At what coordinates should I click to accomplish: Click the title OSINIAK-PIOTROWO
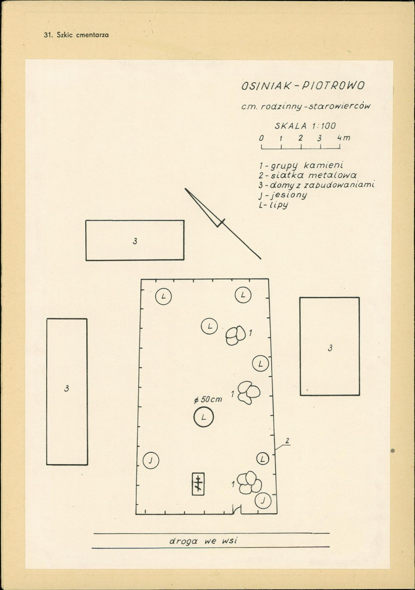point(303,86)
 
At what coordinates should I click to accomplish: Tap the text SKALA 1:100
point(305,125)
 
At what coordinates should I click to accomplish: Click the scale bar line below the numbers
point(301,148)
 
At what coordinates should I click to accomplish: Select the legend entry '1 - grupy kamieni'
point(301,165)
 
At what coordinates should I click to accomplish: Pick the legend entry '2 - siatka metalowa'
point(307,175)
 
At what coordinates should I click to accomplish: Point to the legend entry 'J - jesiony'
point(283,195)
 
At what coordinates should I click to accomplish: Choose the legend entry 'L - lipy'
point(274,205)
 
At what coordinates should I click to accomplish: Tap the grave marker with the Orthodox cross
point(198,484)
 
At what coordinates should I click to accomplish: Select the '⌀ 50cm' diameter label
point(207,400)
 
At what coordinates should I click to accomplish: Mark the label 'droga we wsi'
point(203,541)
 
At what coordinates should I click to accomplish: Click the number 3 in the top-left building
point(135,241)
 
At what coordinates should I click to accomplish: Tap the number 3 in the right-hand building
point(330,348)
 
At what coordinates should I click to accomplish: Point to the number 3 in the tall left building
point(67,389)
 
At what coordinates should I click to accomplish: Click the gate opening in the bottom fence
point(237,510)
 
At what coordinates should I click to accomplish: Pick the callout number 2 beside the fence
point(287,440)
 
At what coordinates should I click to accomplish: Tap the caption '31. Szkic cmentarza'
point(76,35)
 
